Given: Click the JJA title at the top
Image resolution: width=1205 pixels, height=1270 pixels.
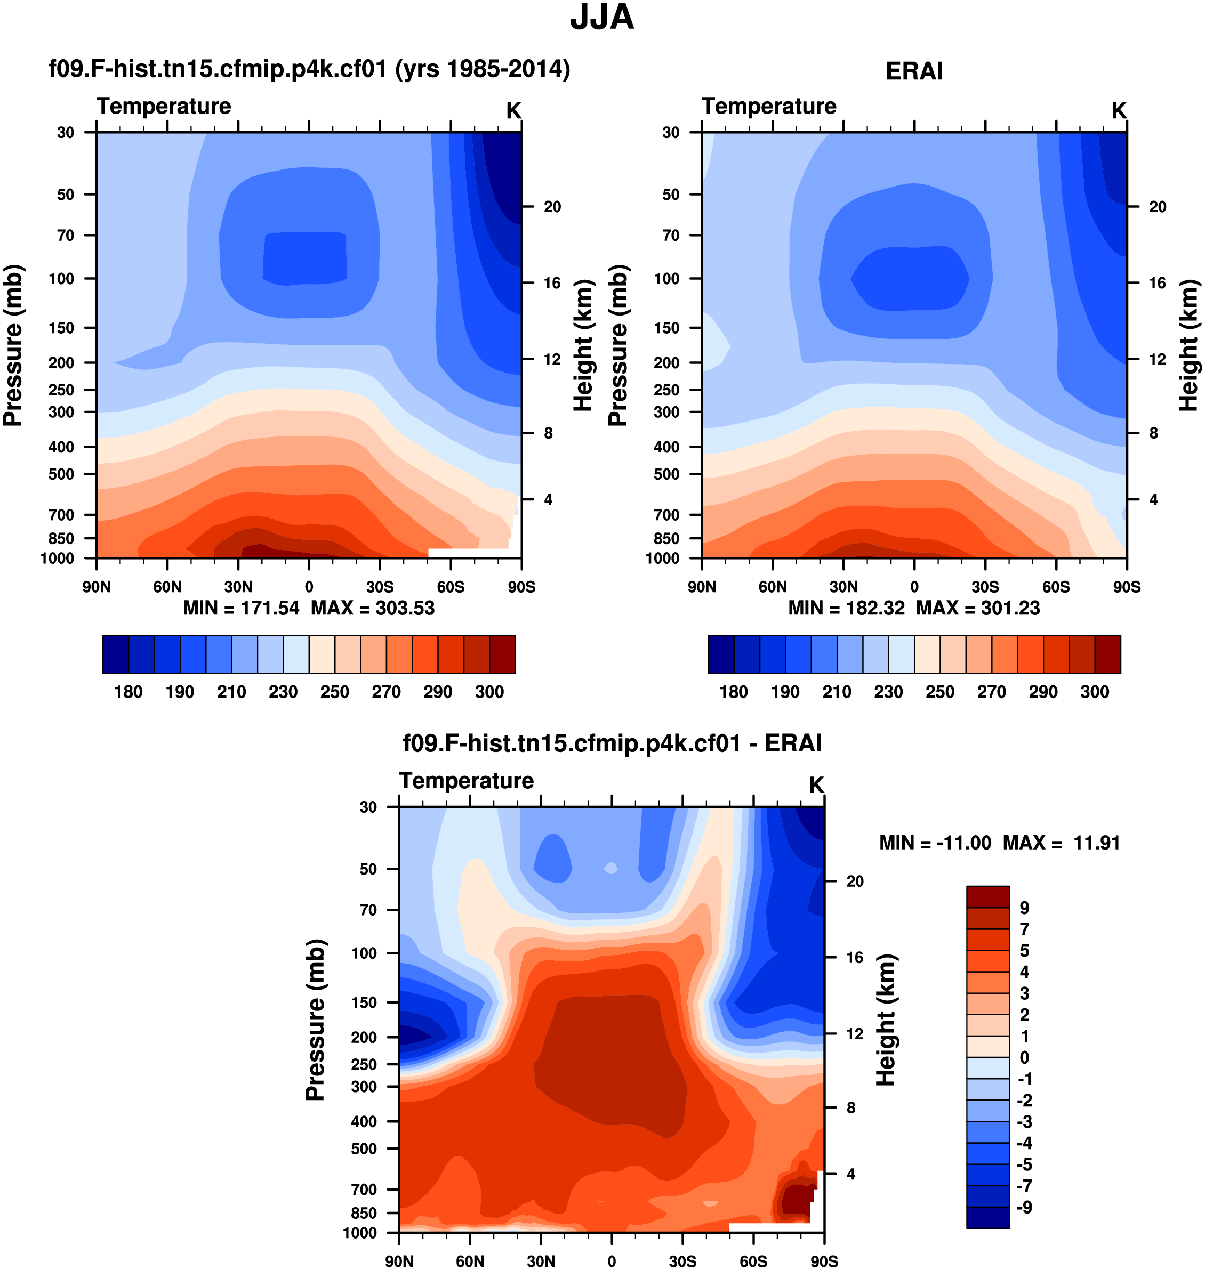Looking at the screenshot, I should click(x=602, y=18).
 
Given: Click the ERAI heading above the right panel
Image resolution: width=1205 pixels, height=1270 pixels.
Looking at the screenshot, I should click(x=913, y=71).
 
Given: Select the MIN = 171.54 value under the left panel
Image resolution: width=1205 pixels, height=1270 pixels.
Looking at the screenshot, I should click(x=241, y=608).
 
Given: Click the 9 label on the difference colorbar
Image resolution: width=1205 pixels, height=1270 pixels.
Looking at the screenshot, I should click(x=1024, y=908).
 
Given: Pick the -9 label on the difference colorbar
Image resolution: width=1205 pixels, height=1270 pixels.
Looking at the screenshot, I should click(x=1024, y=1207).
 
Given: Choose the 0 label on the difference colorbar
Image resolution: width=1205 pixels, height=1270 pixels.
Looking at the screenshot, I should click(x=1024, y=1057).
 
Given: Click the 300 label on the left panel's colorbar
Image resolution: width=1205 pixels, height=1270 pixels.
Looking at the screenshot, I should click(x=489, y=692).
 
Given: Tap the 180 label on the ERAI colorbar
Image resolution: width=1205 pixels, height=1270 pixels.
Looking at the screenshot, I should click(x=734, y=692).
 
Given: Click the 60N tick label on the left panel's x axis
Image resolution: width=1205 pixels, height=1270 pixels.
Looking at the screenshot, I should click(x=167, y=587).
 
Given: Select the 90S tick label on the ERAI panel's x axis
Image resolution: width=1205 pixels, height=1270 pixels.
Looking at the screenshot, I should click(x=1127, y=587).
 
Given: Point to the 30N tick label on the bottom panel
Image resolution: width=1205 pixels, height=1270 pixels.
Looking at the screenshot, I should click(x=541, y=1261).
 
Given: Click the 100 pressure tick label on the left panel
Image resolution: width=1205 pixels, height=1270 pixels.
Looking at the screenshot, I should click(x=62, y=279).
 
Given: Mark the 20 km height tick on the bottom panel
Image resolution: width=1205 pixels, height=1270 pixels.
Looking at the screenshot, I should click(x=854, y=881).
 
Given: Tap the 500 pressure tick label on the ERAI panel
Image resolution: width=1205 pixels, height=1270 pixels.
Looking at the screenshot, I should click(x=666, y=474).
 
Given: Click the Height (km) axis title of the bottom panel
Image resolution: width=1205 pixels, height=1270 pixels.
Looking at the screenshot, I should click(x=886, y=1020).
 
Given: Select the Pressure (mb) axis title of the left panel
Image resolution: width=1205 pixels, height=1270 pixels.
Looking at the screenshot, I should click(x=13, y=345).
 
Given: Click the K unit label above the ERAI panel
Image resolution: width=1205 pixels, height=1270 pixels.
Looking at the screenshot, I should click(x=1118, y=111).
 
